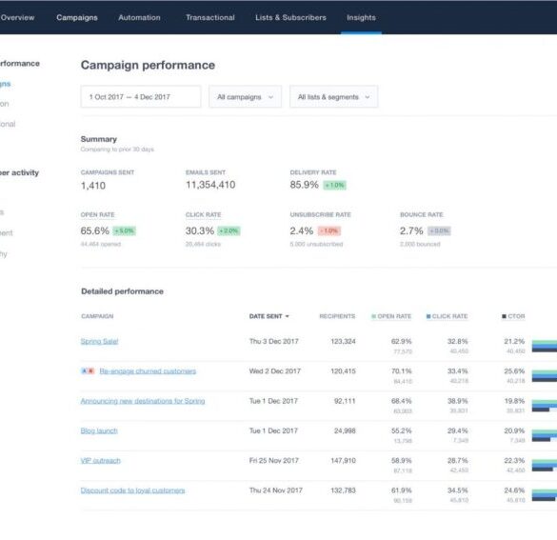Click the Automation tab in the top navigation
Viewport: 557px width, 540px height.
(139, 17)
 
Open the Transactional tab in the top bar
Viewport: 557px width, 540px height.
(210, 17)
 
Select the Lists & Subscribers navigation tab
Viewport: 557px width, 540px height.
(290, 17)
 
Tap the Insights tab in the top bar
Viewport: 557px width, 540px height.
(361, 17)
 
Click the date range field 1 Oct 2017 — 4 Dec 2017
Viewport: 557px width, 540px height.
(141, 96)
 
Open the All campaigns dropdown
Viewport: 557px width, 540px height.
(245, 96)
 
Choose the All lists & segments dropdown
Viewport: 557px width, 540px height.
(333, 96)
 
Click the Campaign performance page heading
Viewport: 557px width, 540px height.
(148, 65)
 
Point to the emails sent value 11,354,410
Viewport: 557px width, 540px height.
(210, 185)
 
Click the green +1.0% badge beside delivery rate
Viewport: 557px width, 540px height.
(334, 185)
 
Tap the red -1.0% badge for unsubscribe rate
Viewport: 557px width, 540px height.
(329, 230)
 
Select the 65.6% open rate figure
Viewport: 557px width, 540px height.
(95, 230)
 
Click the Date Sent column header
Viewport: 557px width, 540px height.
(269, 316)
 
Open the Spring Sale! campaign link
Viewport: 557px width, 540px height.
(100, 341)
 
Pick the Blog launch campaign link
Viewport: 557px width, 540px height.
(99, 430)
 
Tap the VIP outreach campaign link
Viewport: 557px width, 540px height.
(101, 460)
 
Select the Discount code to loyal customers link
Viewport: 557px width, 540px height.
(132, 490)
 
